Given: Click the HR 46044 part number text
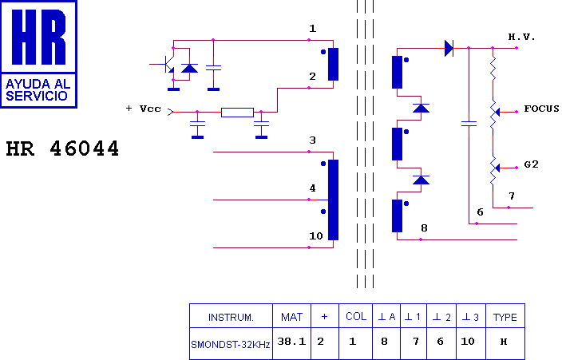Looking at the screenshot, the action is [x=62, y=148].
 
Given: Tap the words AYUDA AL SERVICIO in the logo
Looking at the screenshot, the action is [x=38, y=90].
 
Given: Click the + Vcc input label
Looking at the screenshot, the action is [x=144, y=109].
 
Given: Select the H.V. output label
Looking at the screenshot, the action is [x=521, y=37].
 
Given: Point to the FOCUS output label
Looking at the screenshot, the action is [x=541, y=109].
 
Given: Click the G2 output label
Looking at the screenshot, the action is [x=531, y=164].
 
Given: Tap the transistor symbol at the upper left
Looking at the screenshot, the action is [x=168, y=64].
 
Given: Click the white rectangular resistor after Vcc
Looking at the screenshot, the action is [x=237, y=113].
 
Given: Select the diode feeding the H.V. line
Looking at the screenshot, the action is [x=449, y=48].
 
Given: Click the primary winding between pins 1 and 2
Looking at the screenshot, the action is [x=334, y=64].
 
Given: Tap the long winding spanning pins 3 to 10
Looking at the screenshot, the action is [x=334, y=200].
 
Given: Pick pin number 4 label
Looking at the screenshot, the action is [x=313, y=188].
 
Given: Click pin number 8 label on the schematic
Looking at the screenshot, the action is [x=424, y=228].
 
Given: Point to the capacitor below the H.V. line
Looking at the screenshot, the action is [x=469, y=124].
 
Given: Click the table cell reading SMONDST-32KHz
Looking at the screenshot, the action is [x=231, y=345].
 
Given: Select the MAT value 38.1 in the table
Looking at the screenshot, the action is [x=291, y=342].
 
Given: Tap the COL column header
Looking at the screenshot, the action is [x=356, y=316].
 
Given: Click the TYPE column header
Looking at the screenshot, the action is [x=505, y=318].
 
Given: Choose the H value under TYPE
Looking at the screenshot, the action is [x=504, y=342].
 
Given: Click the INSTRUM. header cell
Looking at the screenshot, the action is [x=231, y=318].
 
